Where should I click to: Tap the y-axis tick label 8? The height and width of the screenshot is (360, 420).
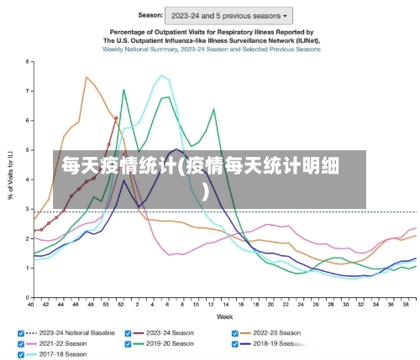[x=28, y=62]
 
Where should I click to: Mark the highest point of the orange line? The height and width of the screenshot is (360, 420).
[x=87, y=77]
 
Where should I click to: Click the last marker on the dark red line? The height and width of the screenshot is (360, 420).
[x=116, y=118]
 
